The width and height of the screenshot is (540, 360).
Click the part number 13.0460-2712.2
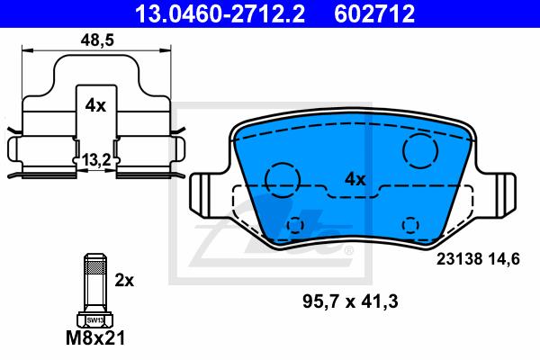(x=220, y=13)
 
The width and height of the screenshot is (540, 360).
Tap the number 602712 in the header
(x=374, y=13)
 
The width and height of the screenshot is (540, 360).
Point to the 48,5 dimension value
(x=97, y=40)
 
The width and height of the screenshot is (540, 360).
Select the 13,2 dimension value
(x=96, y=160)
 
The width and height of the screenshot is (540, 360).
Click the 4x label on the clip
(x=95, y=105)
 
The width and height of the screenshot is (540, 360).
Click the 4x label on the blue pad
(x=355, y=179)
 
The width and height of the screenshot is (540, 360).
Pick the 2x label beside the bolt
(x=124, y=281)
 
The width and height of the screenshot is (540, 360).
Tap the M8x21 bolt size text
(x=95, y=338)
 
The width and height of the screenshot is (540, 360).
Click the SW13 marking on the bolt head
(x=95, y=320)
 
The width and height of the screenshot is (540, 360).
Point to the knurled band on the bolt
(x=95, y=267)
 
